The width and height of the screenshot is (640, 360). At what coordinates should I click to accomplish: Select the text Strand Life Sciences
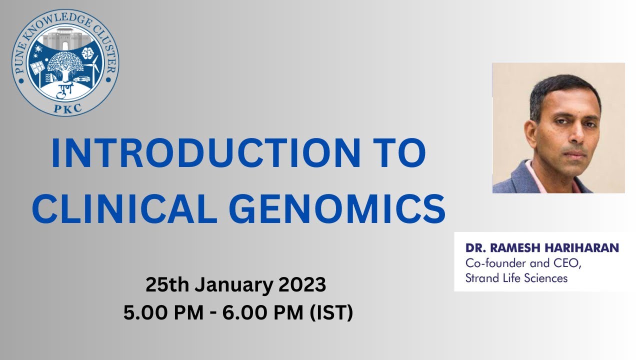(x=516, y=278)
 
